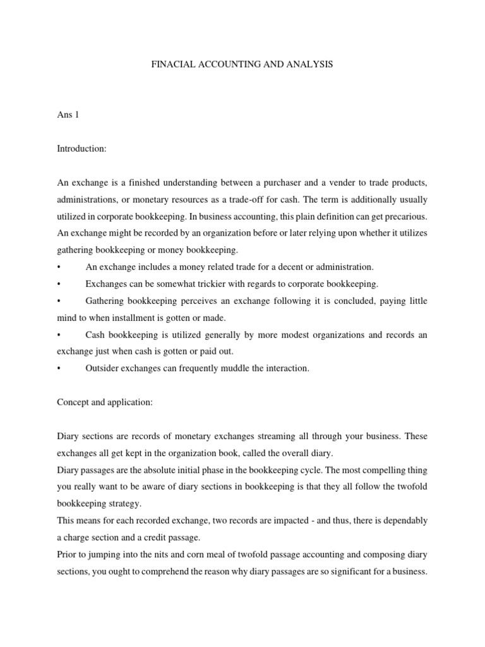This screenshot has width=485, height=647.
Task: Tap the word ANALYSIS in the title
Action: [x=308, y=65]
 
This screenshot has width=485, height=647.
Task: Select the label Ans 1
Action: [x=68, y=114]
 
